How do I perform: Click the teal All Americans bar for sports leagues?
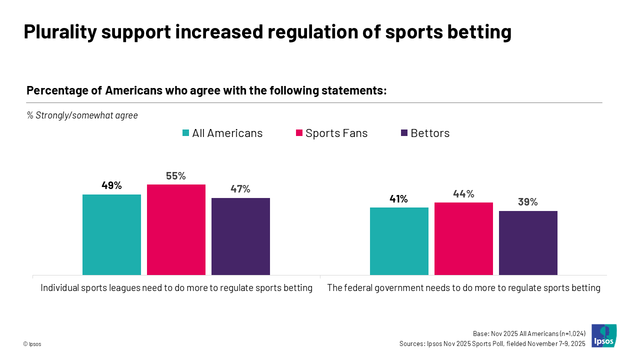pyautogui.click(x=111, y=234)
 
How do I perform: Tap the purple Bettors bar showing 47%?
pyautogui.click(x=240, y=236)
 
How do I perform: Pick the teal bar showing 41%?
pyautogui.click(x=399, y=241)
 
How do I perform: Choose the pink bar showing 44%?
pyautogui.click(x=463, y=238)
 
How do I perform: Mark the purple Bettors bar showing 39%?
pyautogui.click(x=528, y=242)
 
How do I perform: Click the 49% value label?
pyautogui.click(x=111, y=185)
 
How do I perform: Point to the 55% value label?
pyautogui.click(x=176, y=176)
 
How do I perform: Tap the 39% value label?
pyautogui.click(x=528, y=202)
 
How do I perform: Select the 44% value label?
pyautogui.click(x=463, y=194)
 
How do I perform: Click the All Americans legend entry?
pyautogui.click(x=222, y=133)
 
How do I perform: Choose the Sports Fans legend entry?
pyautogui.click(x=331, y=133)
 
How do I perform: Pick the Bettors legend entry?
pyautogui.click(x=425, y=133)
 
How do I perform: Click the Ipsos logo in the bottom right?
pyautogui.click(x=603, y=335)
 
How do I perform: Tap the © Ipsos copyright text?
pyautogui.click(x=32, y=344)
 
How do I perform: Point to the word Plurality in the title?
pyautogui.click(x=58, y=32)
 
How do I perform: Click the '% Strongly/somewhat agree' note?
pyautogui.click(x=82, y=115)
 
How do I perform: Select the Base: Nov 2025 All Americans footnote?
pyautogui.click(x=529, y=333)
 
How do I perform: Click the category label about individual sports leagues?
pyautogui.click(x=176, y=288)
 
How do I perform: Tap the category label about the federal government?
pyautogui.click(x=463, y=288)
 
